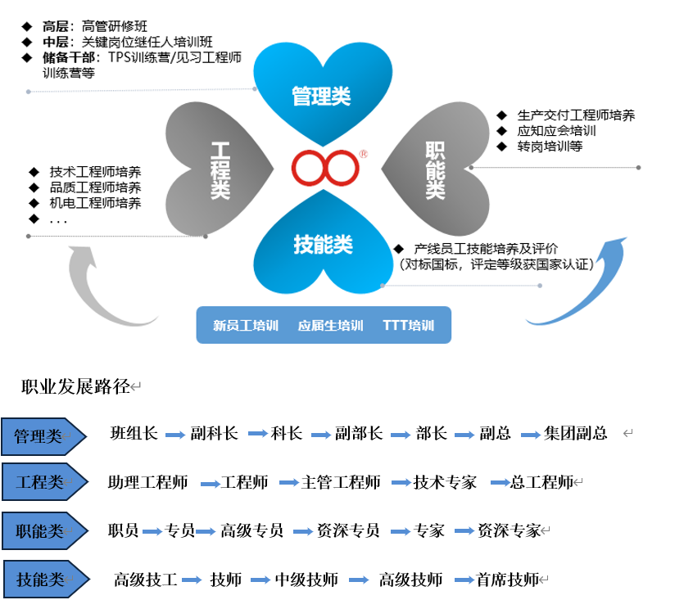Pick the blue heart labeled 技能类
point(323,246)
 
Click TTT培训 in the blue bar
point(408,325)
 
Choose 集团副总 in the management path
point(575,433)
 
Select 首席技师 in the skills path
point(507,580)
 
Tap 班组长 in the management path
point(134,433)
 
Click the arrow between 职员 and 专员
point(152,531)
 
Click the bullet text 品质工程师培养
point(95,187)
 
